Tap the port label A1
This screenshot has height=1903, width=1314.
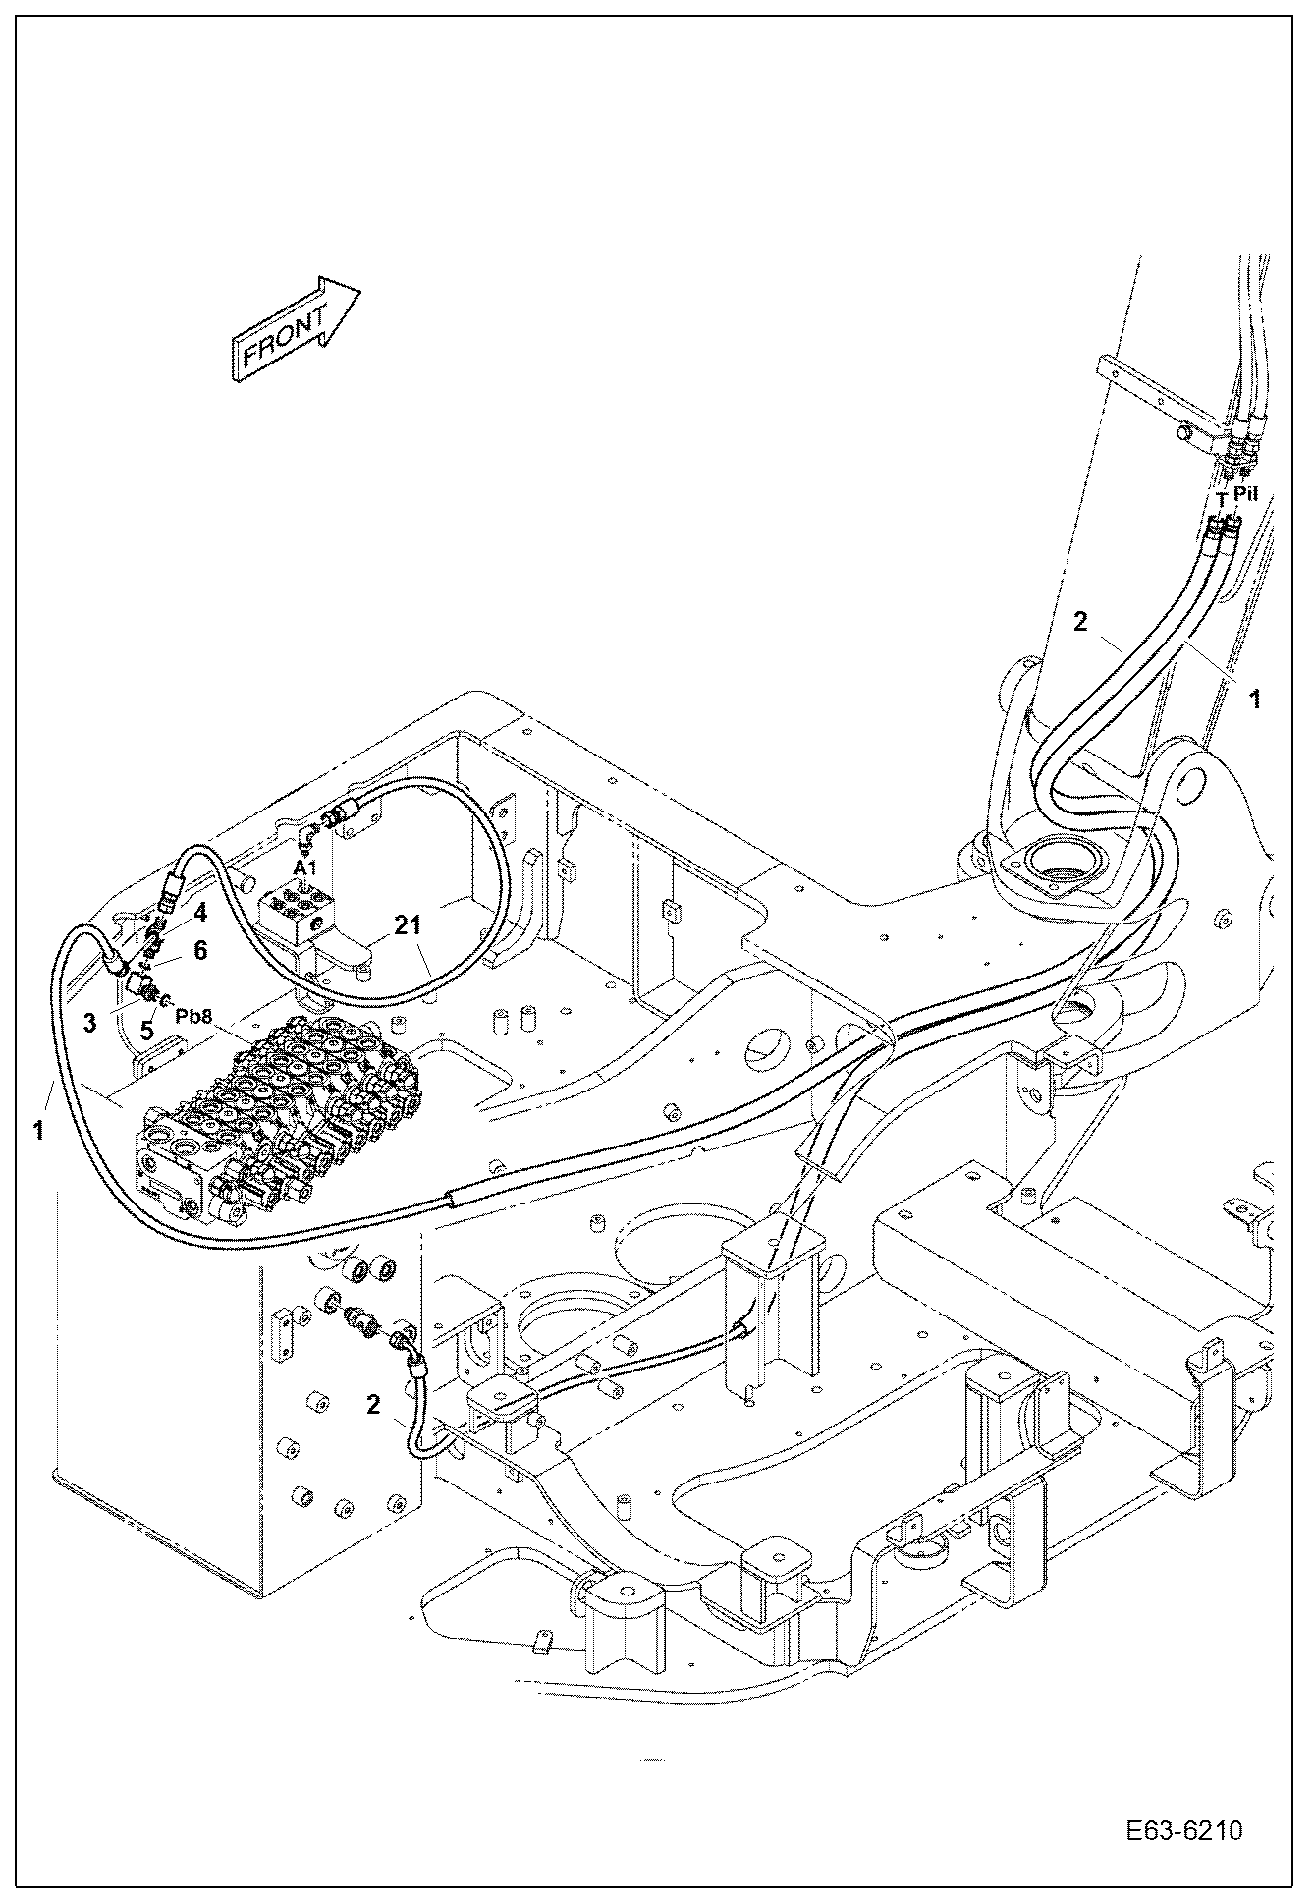click(305, 868)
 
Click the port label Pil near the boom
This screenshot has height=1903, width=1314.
click(1245, 494)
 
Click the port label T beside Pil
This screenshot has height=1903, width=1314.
click(1221, 499)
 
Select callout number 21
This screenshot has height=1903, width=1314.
click(410, 924)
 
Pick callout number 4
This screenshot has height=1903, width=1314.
click(199, 912)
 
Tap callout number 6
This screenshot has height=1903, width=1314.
click(199, 950)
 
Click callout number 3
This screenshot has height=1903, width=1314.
click(89, 1024)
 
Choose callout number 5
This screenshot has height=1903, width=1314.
click(146, 1031)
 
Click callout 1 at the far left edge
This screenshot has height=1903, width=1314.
click(37, 1130)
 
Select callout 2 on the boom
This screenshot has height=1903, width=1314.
click(1079, 621)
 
